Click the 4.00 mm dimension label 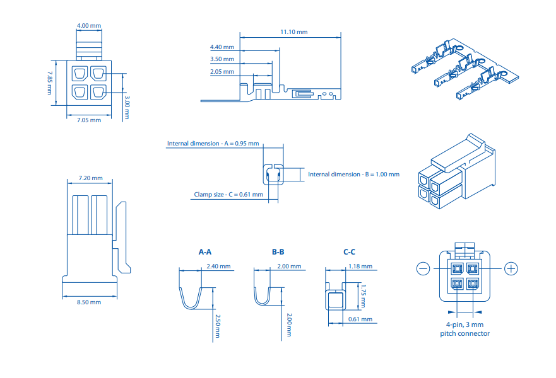click(88, 26)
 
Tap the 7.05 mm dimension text click(88, 120)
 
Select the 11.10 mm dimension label click(294, 31)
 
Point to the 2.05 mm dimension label click(222, 72)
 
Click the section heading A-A click(205, 252)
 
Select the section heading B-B click(278, 252)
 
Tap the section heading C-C click(350, 252)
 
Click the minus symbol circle click(423, 269)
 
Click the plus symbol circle click(511, 269)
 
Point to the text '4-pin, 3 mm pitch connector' click(464, 329)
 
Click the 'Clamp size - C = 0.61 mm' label click(228, 195)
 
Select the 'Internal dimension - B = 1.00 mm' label click(353, 174)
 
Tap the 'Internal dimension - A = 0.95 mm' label click(213, 144)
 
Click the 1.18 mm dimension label click(360, 266)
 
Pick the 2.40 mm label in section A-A click(219, 266)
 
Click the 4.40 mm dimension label click(222, 47)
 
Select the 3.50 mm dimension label click(222, 59)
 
